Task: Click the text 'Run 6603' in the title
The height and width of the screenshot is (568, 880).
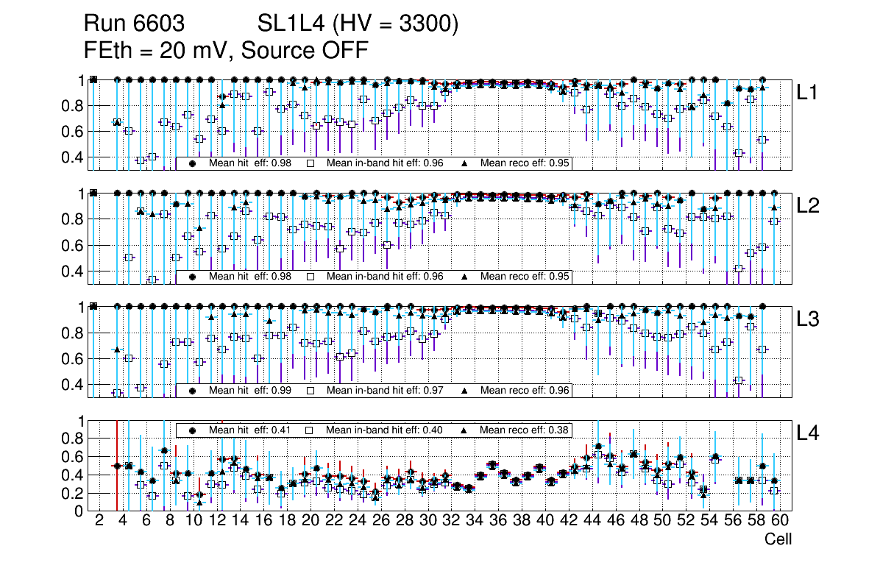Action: (133, 25)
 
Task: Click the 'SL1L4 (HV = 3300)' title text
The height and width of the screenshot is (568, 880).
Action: (358, 25)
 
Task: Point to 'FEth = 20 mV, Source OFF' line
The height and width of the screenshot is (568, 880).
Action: (226, 49)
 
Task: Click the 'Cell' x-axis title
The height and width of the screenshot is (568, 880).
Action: (778, 539)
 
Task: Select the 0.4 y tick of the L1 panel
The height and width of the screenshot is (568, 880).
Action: (74, 157)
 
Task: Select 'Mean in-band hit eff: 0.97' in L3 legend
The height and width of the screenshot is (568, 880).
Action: (384, 390)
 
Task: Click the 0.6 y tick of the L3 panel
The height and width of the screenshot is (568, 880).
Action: (74, 359)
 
